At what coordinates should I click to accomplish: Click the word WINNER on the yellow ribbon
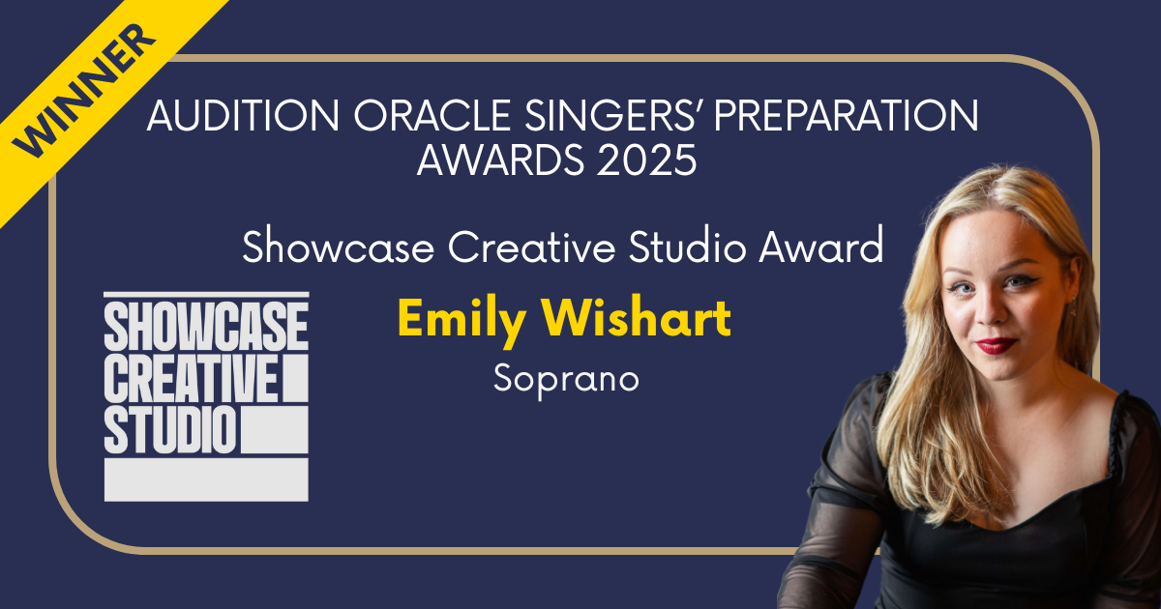point(84,91)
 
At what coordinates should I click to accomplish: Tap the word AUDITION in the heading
point(243,115)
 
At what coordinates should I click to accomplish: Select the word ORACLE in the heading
point(432,115)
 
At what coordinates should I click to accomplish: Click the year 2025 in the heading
point(646,160)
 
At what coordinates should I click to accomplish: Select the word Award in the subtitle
point(821,247)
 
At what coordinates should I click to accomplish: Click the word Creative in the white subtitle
point(532,247)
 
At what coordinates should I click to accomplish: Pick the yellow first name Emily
point(462,321)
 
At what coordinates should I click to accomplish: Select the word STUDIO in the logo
point(170,430)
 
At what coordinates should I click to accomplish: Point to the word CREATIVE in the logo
point(191,378)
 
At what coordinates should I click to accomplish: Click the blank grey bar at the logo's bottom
point(206,479)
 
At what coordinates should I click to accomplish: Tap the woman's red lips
point(996,345)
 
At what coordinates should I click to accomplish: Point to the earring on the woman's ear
point(1073,306)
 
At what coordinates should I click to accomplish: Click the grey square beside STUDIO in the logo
point(275,430)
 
